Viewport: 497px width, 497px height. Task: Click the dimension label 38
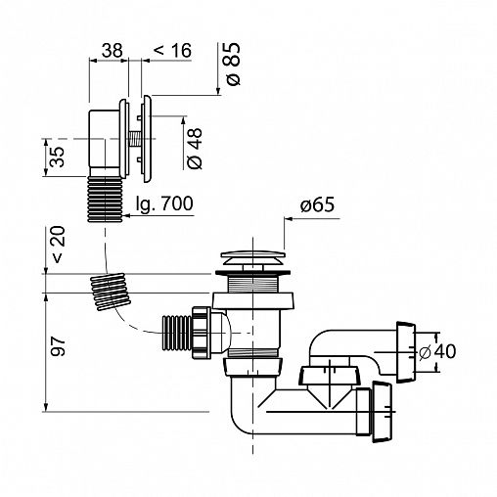pos(113,51)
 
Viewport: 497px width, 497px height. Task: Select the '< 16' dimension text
pos(172,51)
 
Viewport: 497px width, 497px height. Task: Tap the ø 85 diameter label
pos(233,64)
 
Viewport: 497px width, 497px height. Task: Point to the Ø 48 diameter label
pos(196,149)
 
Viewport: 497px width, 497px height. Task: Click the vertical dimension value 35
pos(58,157)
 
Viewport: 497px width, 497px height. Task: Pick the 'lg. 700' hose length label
pos(164,204)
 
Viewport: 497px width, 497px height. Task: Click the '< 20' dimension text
pos(59,245)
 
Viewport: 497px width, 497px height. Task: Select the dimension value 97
pos(59,346)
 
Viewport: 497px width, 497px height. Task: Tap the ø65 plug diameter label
pos(317,204)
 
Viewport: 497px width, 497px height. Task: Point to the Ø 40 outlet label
pos(437,352)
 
